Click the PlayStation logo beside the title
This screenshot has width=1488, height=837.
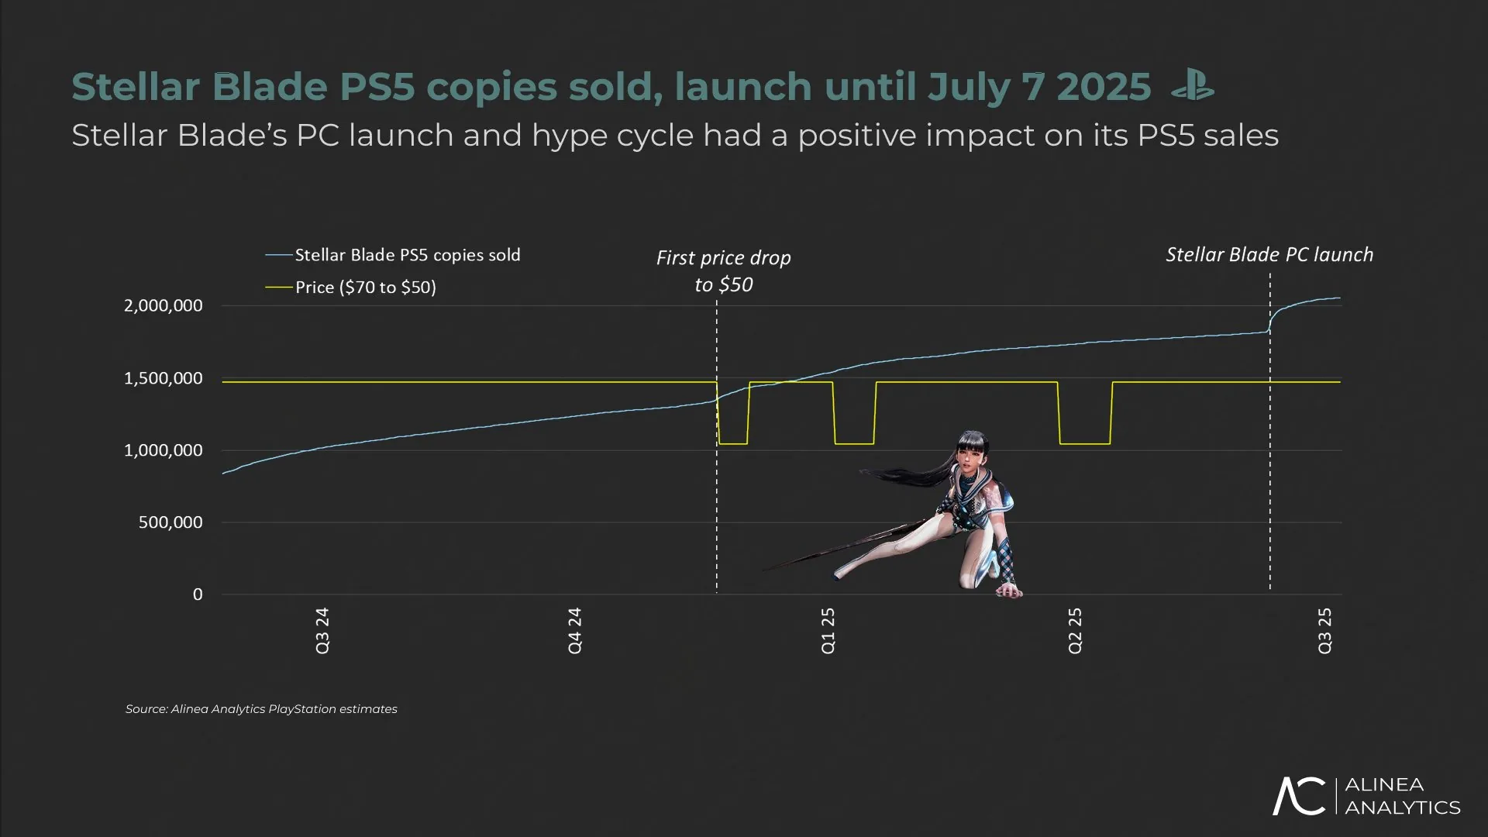[1192, 85]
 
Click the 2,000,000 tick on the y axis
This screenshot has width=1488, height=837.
[164, 305]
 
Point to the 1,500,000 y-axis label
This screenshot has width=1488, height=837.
[164, 378]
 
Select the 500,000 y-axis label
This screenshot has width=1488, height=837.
[170, 522]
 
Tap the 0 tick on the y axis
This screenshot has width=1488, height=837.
[198, 594]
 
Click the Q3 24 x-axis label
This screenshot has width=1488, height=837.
[322, 630]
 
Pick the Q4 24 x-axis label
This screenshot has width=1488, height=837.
[574, 630]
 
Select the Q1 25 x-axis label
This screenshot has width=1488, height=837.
[828, 630]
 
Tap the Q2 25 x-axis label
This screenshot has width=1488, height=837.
[1075, 630]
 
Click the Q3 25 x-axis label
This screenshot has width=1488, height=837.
[1325, 630]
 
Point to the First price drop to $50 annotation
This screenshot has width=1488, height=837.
[723, 270]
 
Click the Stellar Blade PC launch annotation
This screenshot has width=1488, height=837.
[1269, 255]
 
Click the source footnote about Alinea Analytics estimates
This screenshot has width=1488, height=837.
[261, 709]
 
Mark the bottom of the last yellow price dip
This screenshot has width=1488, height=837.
[1084, 443]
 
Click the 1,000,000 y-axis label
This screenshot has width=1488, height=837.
[164, 450]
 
